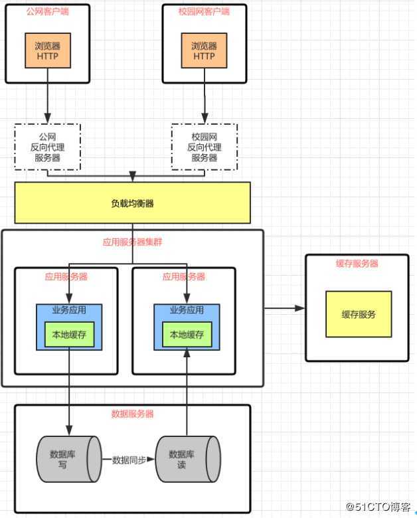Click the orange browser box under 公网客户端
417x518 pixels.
pyautogui.click(x=47, y=51)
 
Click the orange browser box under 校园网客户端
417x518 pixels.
pyautogui.click(x=204, y=51)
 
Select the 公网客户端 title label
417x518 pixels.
pyautogui.click(x=47, y=12)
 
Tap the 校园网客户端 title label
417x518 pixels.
pyautogui.click(x=204, y=12)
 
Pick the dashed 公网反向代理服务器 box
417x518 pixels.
pyautogui.click(x=47, y=147)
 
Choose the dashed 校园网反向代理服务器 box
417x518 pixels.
pyautogui.click(x=204, y=147)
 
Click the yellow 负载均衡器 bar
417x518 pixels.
pyautogui.click(x=132, y=203)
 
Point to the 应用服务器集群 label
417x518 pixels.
pyautogui.click(x=132, y=242)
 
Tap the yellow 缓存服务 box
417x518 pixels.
pyautogui.click(x=359, y=314)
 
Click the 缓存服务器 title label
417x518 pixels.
pyautogui.click(x=357, y=264)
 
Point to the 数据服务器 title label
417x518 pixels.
pyautogui.click(x=132, y=414)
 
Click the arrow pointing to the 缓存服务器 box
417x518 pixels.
pyautogui.click(x=286, y=308)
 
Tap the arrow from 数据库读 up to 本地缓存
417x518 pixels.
pyautogui.click(x=187, y=392)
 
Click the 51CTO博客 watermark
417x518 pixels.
pyautogui.click(x=379, y=507)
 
